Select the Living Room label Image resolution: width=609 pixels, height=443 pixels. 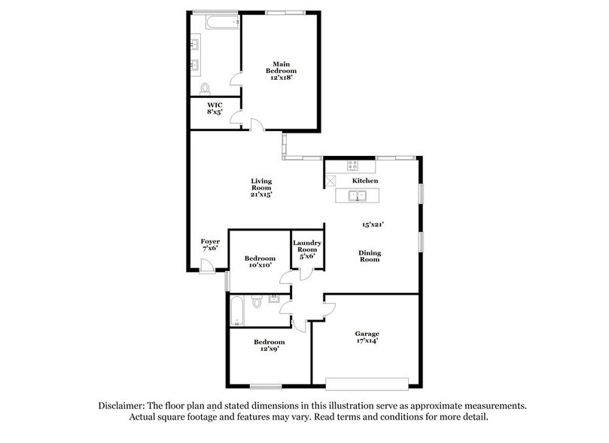coord(261,188)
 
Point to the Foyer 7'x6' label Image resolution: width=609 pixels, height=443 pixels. coord(210,246)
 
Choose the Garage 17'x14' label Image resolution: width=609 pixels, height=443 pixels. coord(367,337)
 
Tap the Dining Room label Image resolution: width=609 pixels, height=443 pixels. coord(369,256)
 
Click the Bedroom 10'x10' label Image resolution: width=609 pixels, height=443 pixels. coord(259,261)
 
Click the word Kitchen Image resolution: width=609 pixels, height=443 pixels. coord(365,182)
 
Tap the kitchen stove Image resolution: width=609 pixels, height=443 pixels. coord(352,165)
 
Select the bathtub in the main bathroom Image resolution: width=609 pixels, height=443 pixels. coord(215,23)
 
